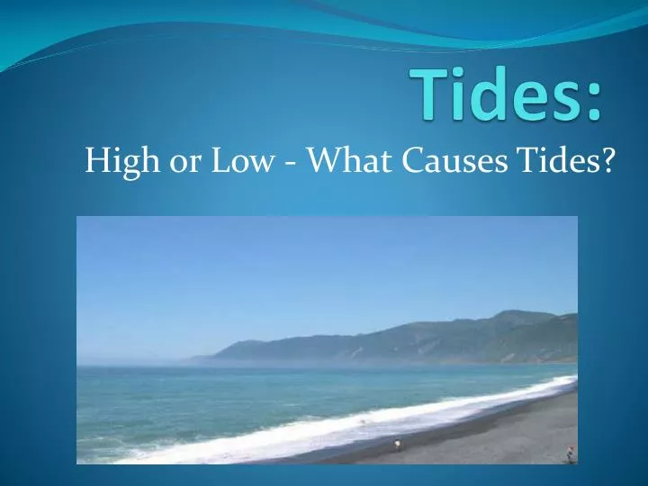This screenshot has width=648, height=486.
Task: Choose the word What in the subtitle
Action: (x=340, y=163)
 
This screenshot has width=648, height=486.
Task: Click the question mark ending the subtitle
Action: (x=609, y=163)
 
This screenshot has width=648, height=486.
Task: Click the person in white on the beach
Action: (x=397, y=444)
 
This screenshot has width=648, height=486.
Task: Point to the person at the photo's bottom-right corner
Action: (x=569, y=455)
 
